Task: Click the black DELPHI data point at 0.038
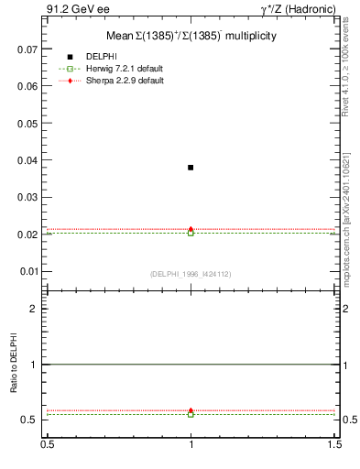[191, 168]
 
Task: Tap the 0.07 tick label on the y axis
[27, 49]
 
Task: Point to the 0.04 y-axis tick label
[27, 160]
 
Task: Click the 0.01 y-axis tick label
[27, 272]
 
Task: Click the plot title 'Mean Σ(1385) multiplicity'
[191, 36]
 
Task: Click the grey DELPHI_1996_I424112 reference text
[191, 274]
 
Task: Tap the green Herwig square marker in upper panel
[191, 233]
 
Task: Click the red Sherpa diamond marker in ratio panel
[191, 411]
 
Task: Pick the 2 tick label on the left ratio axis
[35, 309]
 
